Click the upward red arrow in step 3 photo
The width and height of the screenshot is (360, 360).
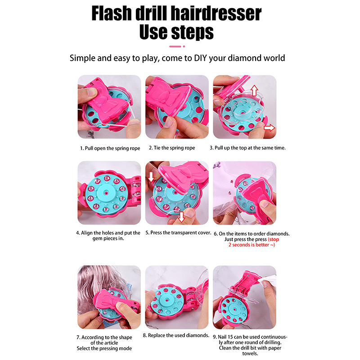(x=254, y=90)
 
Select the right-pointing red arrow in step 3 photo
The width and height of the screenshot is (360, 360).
(x=269, y=128)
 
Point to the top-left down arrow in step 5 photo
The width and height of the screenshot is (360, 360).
(x=151, y=177)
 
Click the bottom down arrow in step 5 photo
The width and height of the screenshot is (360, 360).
(x=181, y=217)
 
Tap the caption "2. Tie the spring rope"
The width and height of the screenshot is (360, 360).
(x=172, y=148)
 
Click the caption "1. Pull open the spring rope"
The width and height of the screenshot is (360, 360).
(x=110, y=148)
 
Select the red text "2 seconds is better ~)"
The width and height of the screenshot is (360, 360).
(x=252, y=245)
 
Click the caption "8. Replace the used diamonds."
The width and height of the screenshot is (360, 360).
(x=176, y=335)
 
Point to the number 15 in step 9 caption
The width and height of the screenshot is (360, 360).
(x=230, y=337)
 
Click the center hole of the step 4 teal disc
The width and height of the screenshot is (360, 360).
(x=106, y=193)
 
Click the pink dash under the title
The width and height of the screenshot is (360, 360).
(x=175, y=46)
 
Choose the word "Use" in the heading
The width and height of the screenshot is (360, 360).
(x=154, y=32)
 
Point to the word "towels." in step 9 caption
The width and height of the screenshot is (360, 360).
(x=250, y=354)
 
